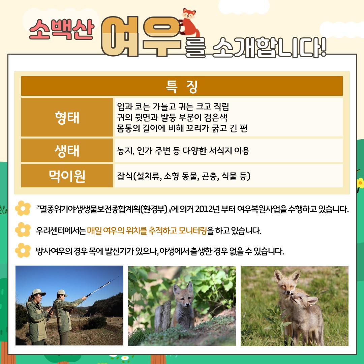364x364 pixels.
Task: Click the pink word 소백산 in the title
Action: (62, 29)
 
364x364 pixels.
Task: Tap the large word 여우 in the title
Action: (141, 36)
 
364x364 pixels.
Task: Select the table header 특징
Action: (182, 87)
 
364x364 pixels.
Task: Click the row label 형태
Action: (67, 118)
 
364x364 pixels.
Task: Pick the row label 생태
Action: (67, 151)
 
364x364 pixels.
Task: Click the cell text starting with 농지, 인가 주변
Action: (183, 151)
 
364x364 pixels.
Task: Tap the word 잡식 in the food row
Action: (125, 176)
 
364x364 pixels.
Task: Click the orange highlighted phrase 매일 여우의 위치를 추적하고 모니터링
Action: (147, 231)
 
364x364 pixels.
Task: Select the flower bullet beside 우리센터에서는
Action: (23, 230)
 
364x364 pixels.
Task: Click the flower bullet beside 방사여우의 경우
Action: (23, 250)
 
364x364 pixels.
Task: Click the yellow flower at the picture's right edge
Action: (361, 183)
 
